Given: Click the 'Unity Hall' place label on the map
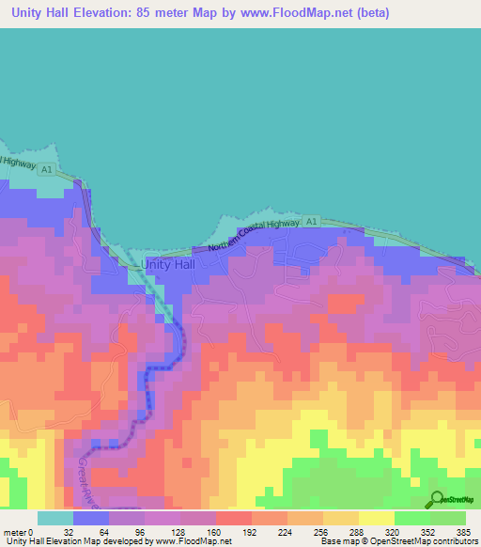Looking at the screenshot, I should point(172,265).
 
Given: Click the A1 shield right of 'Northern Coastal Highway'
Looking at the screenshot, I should point(313,222).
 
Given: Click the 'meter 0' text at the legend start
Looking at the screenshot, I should point(18,532).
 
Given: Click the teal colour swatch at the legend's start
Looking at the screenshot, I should point(55,518).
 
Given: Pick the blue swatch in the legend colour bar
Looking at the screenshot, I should point(91,518).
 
